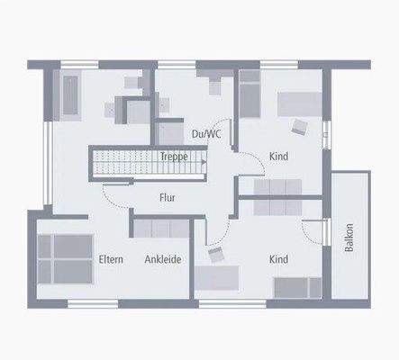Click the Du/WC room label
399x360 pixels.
click(x=206, y=134)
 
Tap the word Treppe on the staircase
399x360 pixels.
click(x=174, y=156)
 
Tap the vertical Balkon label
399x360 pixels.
click(x=349, y=237)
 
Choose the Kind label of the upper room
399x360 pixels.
click(x=279, y=156)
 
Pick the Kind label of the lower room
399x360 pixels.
click(x=279, y=259)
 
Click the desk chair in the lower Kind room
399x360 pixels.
click(x=216, y=256)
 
